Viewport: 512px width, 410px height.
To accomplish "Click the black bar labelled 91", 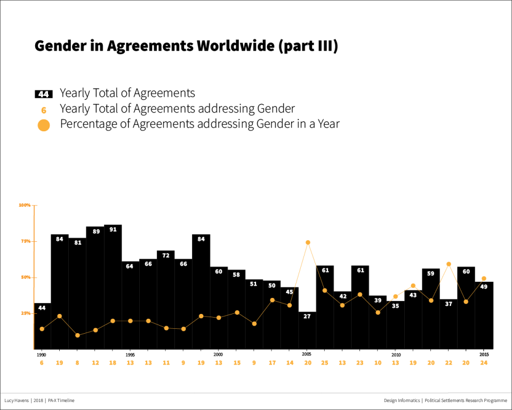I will [x=113, y=288].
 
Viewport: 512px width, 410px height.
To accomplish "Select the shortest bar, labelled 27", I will [x=307, y=331].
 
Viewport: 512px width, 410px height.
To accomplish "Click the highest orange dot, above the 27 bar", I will [x=308, y=242].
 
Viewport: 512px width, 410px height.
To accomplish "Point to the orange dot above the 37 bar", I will [x=449, y=264].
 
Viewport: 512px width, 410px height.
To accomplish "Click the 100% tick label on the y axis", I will [x=25, y=205].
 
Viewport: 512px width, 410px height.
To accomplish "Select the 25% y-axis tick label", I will [x=25, y=313].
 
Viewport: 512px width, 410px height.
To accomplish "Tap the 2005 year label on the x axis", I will [x=307, y=354].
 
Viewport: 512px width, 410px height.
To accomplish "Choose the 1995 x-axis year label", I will [x=130, y=354].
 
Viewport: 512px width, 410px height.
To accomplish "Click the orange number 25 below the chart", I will [x=324, y=363].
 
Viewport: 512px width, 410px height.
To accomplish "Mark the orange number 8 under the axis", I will [x=77, y=363].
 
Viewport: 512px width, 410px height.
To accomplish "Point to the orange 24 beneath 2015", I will [x=484, y=363].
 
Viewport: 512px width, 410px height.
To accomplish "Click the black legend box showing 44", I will [x=44, y=94].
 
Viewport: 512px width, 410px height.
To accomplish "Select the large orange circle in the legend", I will [x=44, y=125].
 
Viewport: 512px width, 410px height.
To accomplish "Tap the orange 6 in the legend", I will [x=44, y=110].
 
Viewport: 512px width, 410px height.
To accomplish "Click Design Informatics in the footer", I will [x=402, y=400].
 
